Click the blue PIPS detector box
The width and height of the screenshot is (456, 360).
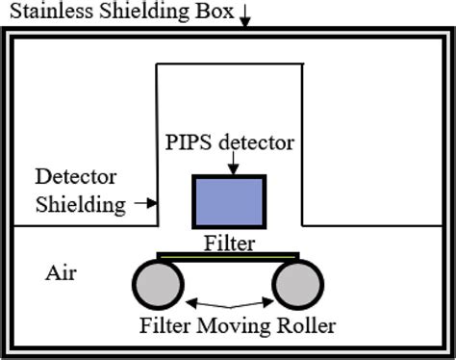(231, 201)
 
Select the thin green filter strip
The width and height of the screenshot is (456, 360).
(229, 255)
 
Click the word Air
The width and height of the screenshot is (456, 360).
(62, 272)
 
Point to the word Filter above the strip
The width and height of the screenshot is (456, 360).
(230, 244)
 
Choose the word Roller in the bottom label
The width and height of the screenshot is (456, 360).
(307, 325)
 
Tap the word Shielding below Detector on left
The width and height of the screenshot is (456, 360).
(80, 204)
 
